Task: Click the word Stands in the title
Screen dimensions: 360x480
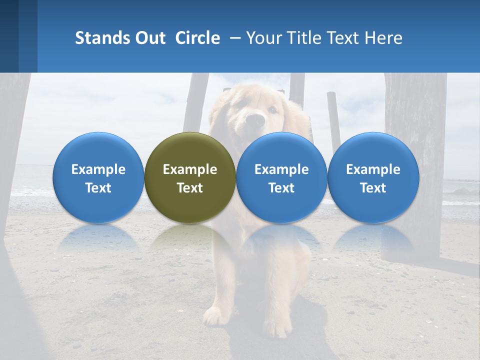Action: (x=101, y=38)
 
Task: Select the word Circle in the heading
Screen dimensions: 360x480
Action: (x=197, y=38)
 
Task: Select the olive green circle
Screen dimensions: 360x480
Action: (x=190, y=177)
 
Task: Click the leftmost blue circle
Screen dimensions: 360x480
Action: (x=98, y=177)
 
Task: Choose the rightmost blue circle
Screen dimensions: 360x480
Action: (x=373, y=177)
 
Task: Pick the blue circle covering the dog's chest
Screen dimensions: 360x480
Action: (x=281, y=177)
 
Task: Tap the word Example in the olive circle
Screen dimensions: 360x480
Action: (x=190, y=169)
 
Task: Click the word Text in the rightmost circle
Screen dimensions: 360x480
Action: (x=373, y=188)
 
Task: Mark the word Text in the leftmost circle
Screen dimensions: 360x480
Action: (x=98, y=188)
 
